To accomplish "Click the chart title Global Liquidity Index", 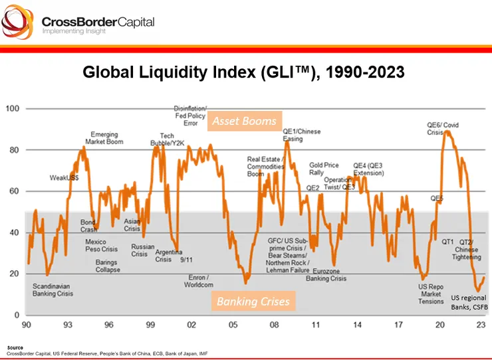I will point(243,72).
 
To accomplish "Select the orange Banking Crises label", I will point(253,301).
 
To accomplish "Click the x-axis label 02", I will point(191,326).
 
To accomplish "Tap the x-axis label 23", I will point(480,326).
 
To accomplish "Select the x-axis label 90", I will point(27,326).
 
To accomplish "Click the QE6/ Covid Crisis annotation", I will point(442,128).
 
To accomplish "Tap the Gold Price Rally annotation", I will point(324,169).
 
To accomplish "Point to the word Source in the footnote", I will point(15,347).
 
